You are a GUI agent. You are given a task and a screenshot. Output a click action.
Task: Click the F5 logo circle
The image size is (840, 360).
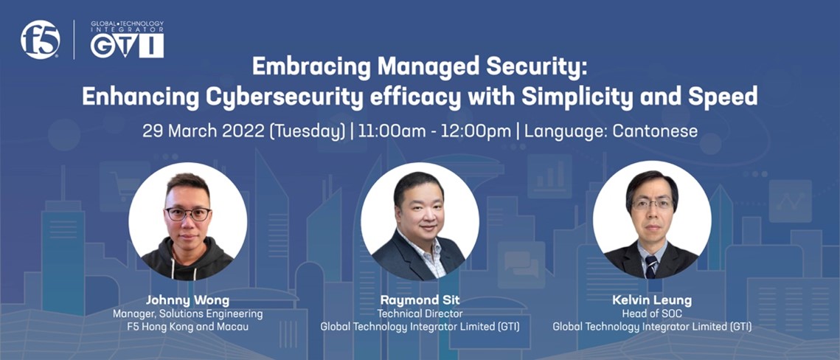pyautogui.click(x=40, y=40)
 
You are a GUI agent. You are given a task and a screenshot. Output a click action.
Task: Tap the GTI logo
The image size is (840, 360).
pyautogui.click(x=127, y=39)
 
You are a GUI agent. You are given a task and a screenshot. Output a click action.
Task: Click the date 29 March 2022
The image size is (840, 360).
pyautogui.click(x=203, y=131)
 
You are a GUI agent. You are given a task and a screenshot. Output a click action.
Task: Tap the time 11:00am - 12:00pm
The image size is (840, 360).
pyautogui.click(x=433, y=131)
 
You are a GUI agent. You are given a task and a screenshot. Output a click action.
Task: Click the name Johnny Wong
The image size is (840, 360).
pyautogui.click(x=187, y=301)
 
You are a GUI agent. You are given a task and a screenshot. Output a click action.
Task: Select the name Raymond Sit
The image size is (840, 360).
pyautogui.click(x=420, y=301)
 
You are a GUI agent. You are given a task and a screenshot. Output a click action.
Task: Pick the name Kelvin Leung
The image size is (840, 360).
pyautogui.click(x=652, y=301)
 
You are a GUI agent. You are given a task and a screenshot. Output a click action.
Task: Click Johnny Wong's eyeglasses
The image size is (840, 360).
pyautogui.click(x=187, y=214)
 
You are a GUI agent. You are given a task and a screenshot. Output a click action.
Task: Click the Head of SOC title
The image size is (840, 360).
pyautogui.click(x=652, y=314)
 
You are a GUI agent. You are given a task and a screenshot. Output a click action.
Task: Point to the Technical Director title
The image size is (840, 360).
pyautogui.click(x=420, y=314)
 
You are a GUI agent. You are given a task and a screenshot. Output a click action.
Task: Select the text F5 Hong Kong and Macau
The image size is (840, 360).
pyautogui.click(x=187, y=326)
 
